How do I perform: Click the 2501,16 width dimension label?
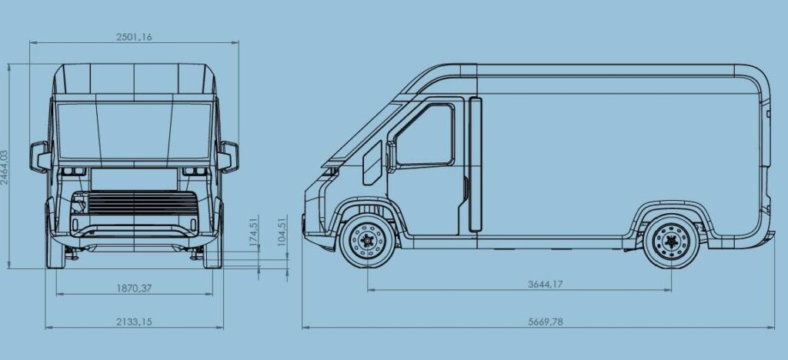[134, 37]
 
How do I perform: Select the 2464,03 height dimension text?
[5, 168]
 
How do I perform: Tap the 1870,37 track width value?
[134, 288]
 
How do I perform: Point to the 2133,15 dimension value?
[134, 322]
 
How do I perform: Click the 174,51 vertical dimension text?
[254, 231]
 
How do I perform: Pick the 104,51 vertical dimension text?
[282, 231]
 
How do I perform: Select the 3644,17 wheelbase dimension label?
[546, 284]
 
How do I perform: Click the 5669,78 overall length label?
[546, 322]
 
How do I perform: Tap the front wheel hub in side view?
[367, 241]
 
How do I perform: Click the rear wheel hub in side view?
[670, 242]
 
